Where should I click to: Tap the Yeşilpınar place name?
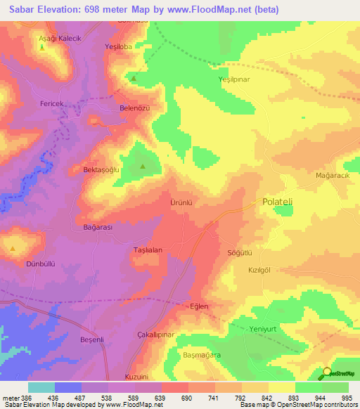pos(234,79)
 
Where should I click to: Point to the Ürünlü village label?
pos(181,202)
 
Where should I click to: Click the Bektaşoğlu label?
pos(103,170)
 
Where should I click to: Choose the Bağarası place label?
pos(98,228)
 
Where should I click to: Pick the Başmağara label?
pos(199,356)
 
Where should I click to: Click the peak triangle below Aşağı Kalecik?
pos(42,48)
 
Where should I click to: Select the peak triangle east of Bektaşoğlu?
pos(143,167)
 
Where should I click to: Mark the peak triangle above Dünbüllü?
pos(13,249)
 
